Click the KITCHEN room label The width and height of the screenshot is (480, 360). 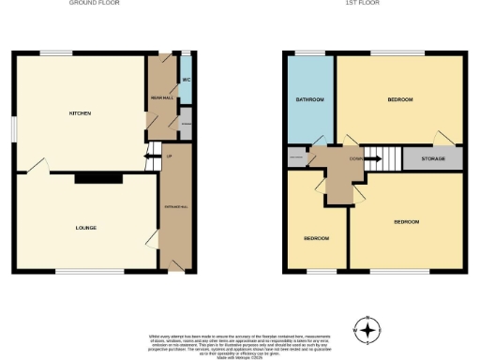pyautogui.click(x=80, y=113)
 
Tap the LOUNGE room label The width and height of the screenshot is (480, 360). pyautogui.click(x=86, y=228)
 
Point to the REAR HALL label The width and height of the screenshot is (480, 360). pyautogui.click(x=158, y=98)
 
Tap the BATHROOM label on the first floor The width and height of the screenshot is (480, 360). pyautogui.click(x=310, y=99)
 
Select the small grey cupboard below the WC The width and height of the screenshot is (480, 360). pyautogui.click(x=186, y=123)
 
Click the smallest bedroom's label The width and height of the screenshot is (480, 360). pyautogui.click(x=315, y=238)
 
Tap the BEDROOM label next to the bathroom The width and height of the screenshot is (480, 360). pyautogui.click(x=399, y=98)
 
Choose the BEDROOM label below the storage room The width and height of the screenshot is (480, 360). pyautogui.click(x=406, y=222)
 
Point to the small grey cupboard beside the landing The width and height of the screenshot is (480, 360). pyautogui.click(x=297, y=157)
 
